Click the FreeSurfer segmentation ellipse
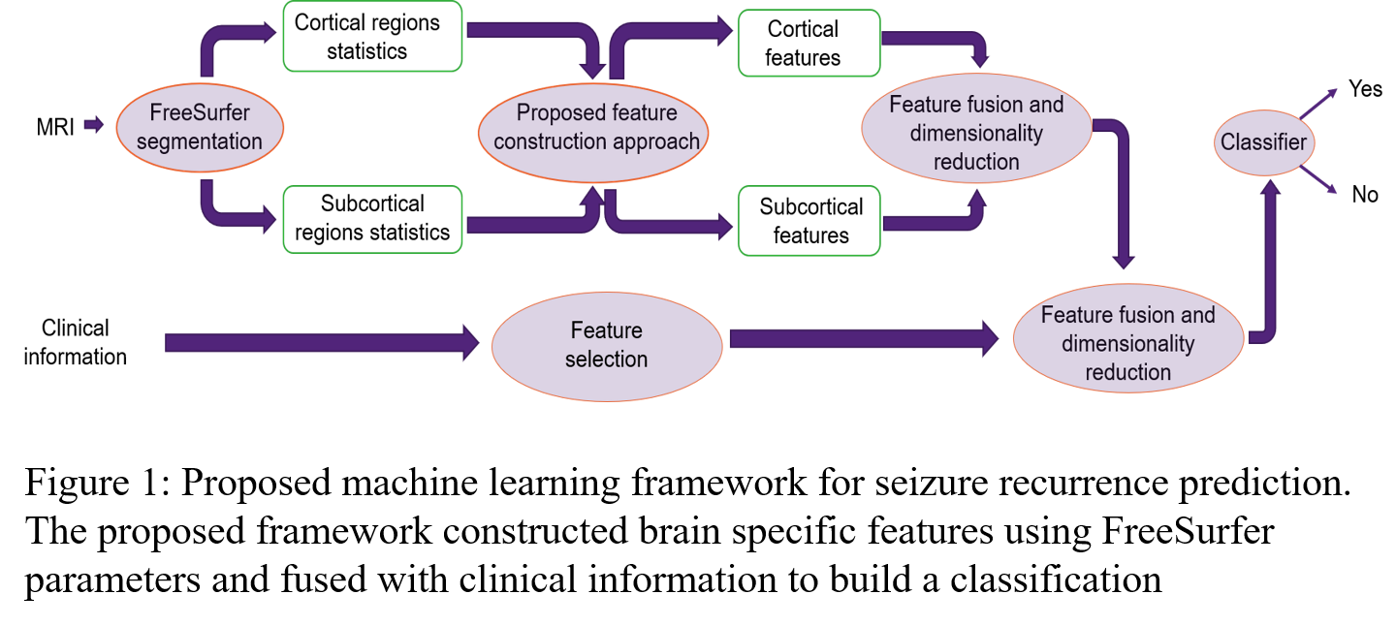[x=200, y=128]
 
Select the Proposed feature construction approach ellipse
[x=593, y=128]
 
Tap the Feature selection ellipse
[x=607, y=346]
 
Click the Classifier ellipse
[x=1263, y=142]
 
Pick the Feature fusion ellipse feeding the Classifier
[x=1127, y=338]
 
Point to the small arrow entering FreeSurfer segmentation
[x=93, y=125]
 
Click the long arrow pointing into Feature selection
[x=320, y=342]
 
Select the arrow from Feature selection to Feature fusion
[x=863, y=338]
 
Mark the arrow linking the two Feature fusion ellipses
[x=1123, y=194]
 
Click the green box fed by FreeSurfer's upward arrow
[x=372, y=36]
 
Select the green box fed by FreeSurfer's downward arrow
[x=372, y=220]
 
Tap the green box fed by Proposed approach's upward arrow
[x=809, y=43]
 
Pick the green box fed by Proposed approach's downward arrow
[x=809, y=221]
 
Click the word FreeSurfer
[x=200, y=113]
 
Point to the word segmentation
[x=200, y=141]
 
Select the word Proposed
[x=555, y=113]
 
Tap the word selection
[x=607, y=360]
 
